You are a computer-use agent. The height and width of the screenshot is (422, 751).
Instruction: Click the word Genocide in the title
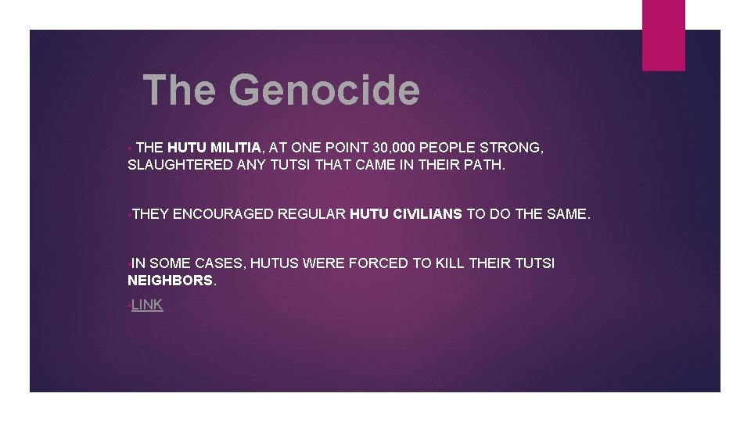pyautogui.click(x=324, y=90)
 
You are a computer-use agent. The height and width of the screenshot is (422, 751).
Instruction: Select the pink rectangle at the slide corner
pyautogui.click(x=663, y=35)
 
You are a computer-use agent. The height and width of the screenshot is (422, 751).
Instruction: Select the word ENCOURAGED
pyautogui.click(x=223, y=213)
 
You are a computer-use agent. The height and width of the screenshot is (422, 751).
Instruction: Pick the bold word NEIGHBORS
pyautogui.click(x=170, y=281)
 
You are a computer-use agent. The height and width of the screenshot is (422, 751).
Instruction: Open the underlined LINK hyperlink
pyautogui.click(x=147, y=305)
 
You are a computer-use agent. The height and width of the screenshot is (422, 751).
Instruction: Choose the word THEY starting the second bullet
pyautogui.click(x=150, y=213)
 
